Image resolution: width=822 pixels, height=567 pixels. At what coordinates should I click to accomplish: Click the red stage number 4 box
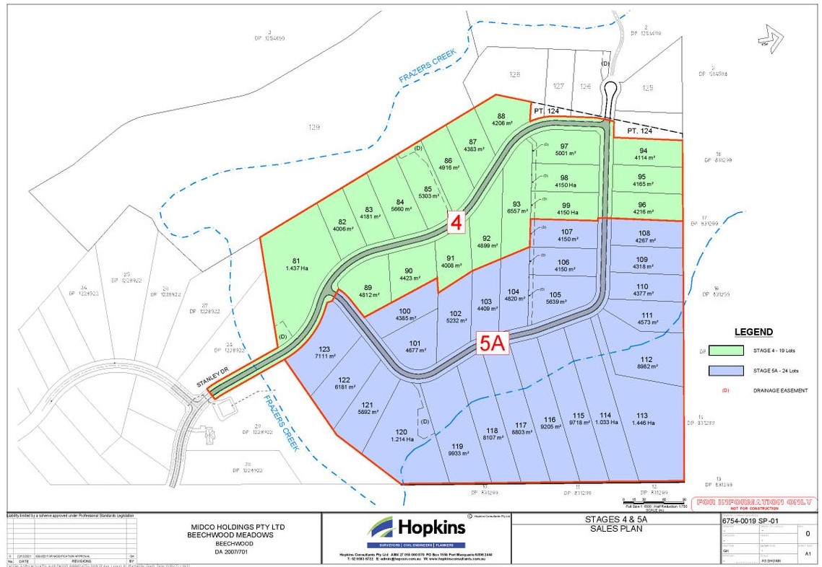(456, 223)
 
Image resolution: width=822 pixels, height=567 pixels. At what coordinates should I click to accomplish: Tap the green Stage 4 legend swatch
(730, 351)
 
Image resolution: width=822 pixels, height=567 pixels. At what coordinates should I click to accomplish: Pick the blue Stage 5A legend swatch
(730, 371)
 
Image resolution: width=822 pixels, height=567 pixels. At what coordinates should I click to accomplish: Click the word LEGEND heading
(753, 333)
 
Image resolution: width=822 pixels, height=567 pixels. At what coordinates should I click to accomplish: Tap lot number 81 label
(295, 261)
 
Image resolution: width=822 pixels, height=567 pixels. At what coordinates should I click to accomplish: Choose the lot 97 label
(564, 146)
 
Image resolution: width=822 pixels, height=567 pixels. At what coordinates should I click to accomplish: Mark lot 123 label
(324, 349)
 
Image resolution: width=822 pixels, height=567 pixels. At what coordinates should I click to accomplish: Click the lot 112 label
(645, 359)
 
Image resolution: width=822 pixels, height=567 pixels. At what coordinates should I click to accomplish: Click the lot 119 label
(457, 446)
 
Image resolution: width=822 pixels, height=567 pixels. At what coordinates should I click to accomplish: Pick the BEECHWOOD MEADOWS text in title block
(232, 535)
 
